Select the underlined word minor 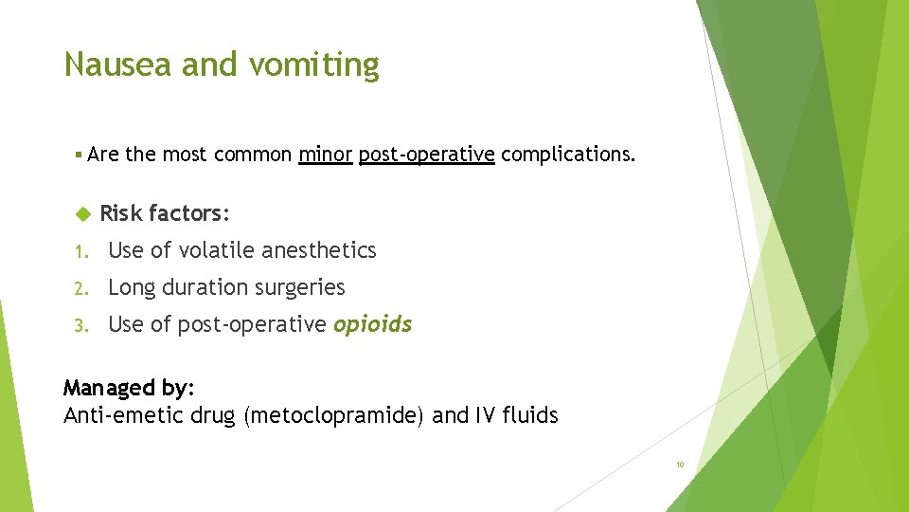tap(325, 154)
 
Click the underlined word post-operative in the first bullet tap(426, 155)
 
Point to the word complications tap(568, 155)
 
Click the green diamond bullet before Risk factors tap(80, 214)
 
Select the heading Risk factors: tap(165, 213)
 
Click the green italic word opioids tap(372, 324)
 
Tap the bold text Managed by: tap(129, 388)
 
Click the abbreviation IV tap(487, 414)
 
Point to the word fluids tap(532, 414)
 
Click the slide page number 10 tap(680, 465)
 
